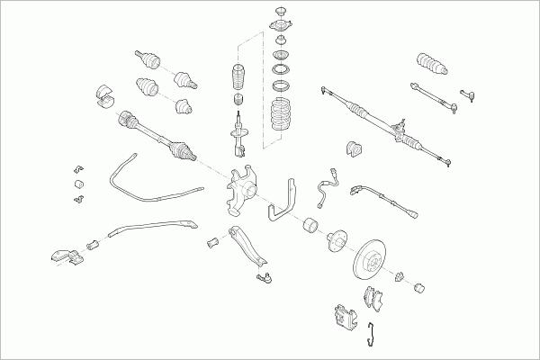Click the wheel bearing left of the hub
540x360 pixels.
coord(314,226)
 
